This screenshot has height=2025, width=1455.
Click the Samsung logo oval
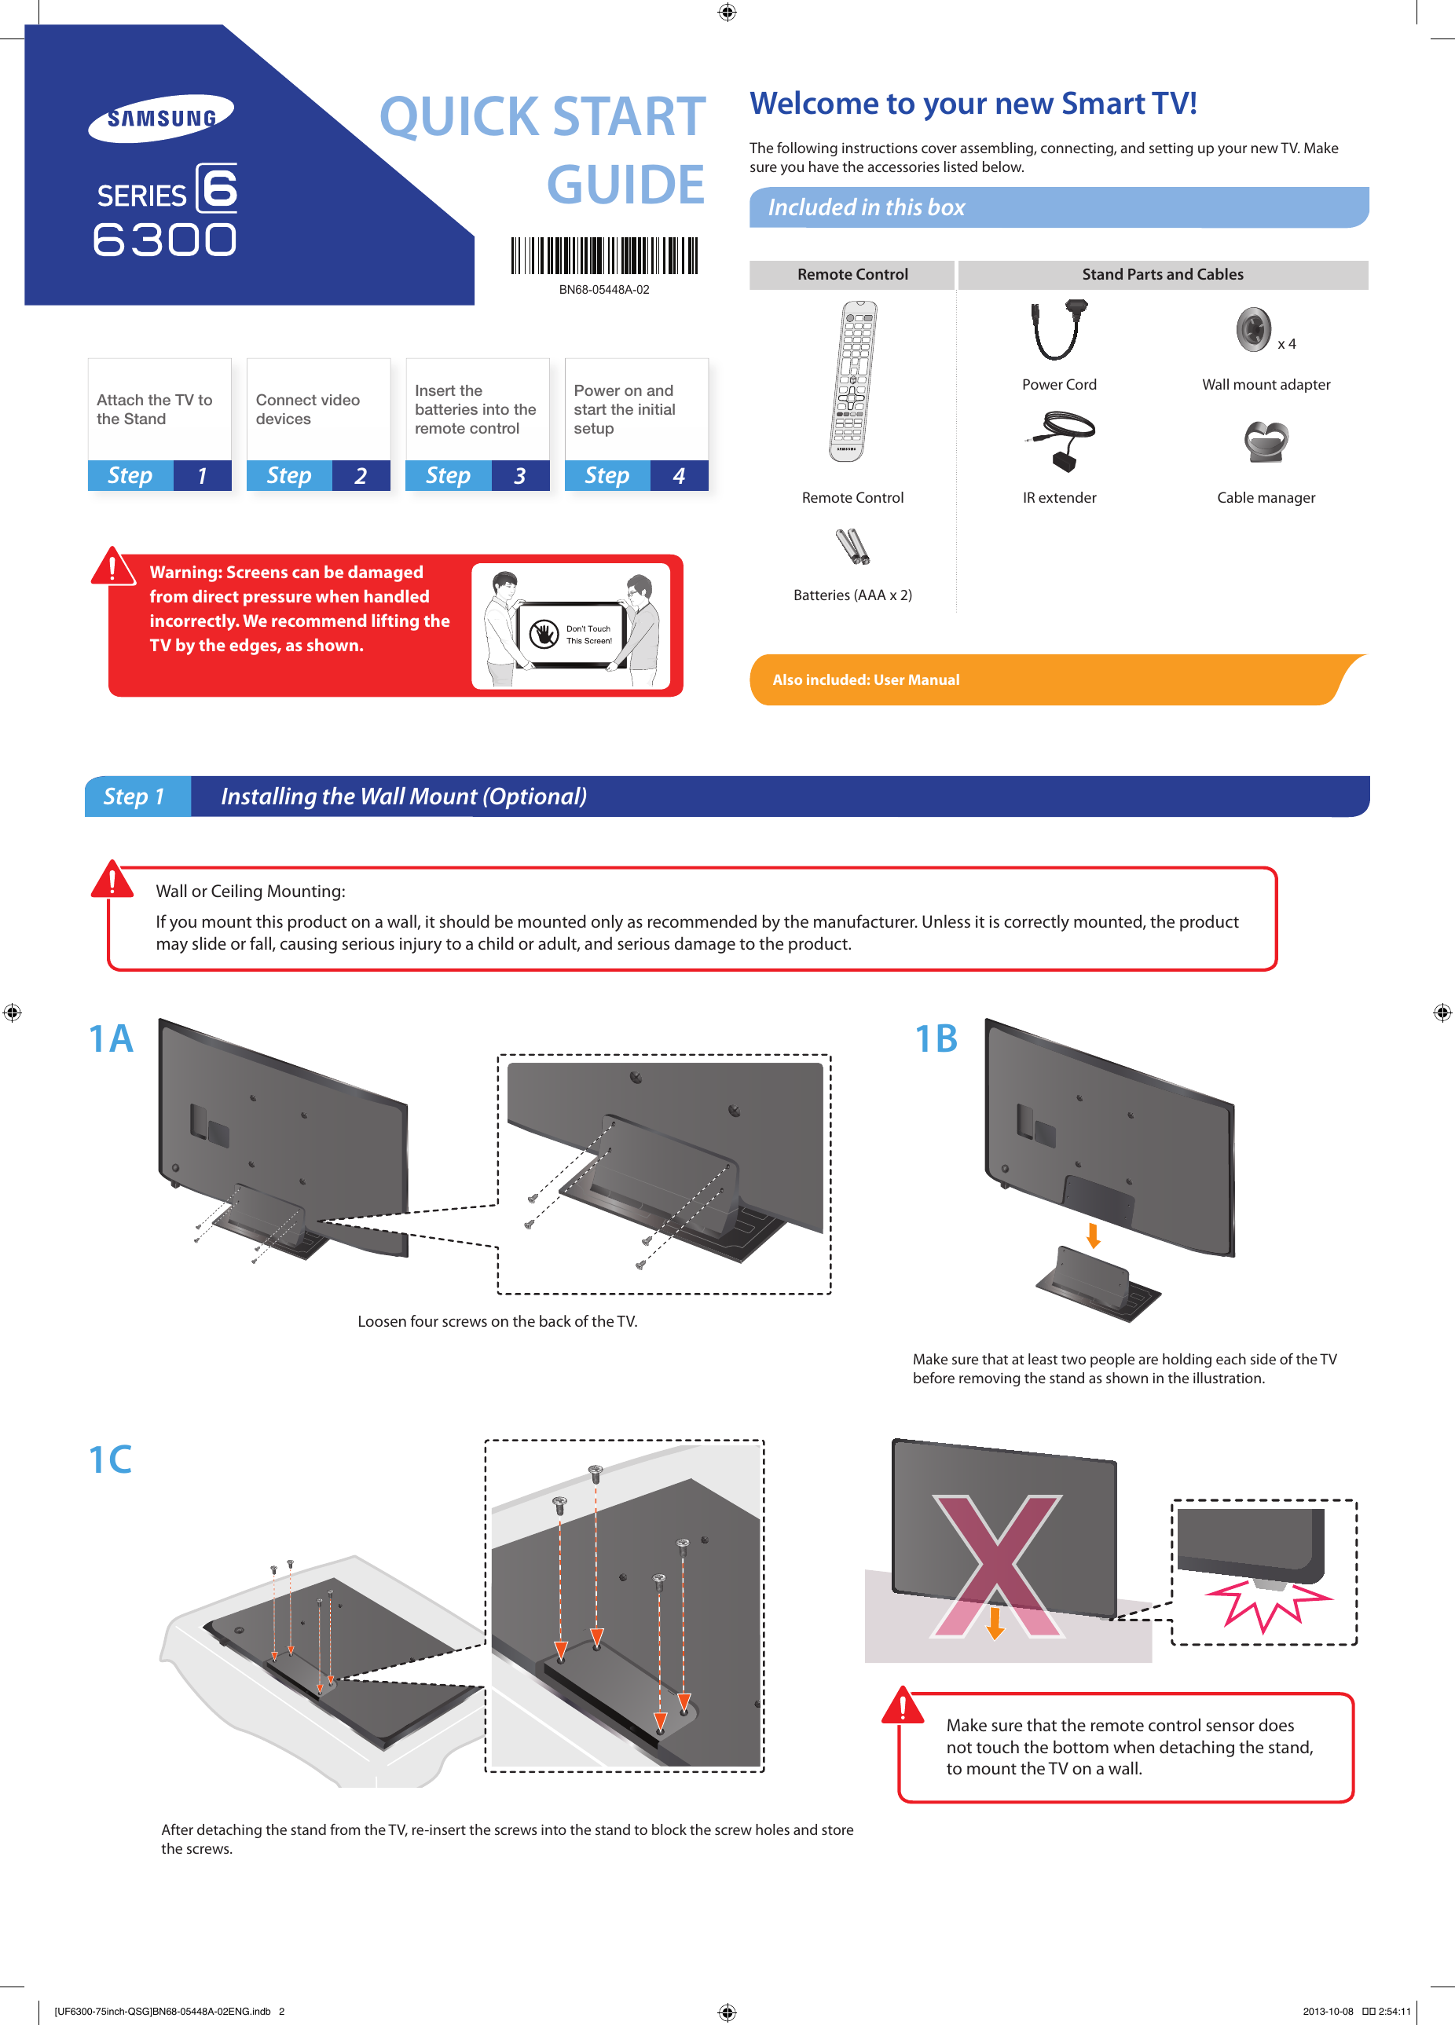pos(161,118)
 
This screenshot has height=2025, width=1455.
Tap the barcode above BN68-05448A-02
pos(604,255)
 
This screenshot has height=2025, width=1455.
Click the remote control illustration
pos(852,381)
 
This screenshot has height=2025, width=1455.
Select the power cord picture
pos(1059,331)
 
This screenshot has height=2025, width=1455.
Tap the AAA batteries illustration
pos(852,547)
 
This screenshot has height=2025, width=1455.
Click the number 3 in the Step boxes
pos(520,476)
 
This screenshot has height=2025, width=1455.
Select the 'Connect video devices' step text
pos(307,410)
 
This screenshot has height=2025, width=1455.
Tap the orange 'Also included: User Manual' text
pos(866,679)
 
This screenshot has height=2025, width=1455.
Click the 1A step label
pos(111,1038)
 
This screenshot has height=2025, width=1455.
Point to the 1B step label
pos(935,1038)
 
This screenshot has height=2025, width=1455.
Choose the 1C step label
pos(110,1459)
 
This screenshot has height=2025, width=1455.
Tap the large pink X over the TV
pos(998,1566)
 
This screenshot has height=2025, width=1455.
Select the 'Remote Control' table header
pos(852,275)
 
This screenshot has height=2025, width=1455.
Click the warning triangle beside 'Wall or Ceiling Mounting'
pos(112,880)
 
